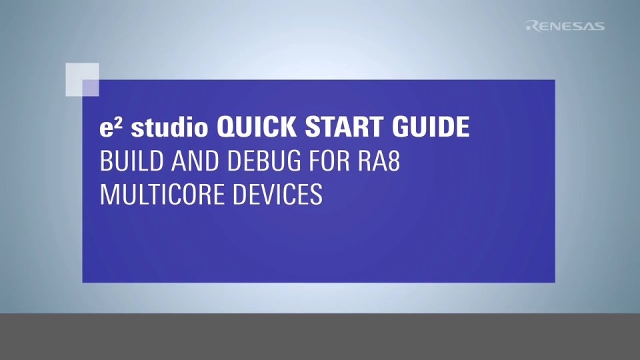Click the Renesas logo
[565, 26]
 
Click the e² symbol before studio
[109, 127]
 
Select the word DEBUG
[241, 161]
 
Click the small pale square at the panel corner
[82, 79]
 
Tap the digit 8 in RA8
[393, 161]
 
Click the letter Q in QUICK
[226, 128]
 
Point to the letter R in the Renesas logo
[531, 26]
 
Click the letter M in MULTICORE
[107, 195]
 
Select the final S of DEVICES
[317, 195]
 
